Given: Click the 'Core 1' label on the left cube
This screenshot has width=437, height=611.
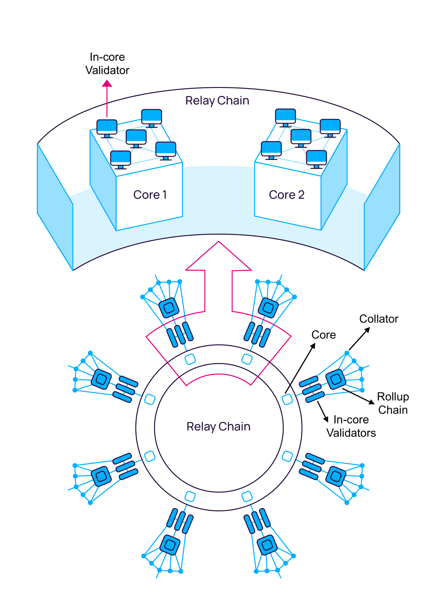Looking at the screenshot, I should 150,195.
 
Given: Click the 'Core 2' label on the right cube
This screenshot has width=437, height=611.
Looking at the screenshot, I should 287,195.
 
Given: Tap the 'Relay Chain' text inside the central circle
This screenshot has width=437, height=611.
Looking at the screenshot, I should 218,427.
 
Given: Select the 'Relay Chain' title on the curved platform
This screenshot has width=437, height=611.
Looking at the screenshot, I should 217,101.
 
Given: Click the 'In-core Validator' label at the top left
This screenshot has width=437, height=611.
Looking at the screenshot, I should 107,64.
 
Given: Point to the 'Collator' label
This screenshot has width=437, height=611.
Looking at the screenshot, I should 379,319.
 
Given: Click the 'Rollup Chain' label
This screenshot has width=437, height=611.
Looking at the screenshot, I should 393,403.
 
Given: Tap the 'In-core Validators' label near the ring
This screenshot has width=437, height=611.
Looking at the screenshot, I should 351,426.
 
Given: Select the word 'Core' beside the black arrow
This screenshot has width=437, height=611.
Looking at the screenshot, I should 323,335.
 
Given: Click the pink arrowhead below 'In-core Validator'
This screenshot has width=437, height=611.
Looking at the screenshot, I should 107,84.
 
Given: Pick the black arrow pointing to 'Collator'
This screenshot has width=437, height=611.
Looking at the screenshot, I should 360,339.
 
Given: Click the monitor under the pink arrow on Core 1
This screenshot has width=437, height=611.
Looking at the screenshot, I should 107,127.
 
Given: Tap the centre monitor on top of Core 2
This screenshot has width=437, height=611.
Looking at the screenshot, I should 301,137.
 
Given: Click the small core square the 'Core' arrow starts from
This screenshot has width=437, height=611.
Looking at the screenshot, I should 287,399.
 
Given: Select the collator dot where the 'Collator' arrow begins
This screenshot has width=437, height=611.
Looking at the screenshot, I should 347,353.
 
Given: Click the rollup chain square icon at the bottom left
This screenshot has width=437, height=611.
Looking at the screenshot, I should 170,545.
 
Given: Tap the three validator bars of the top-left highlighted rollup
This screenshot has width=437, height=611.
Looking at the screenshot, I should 180,335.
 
